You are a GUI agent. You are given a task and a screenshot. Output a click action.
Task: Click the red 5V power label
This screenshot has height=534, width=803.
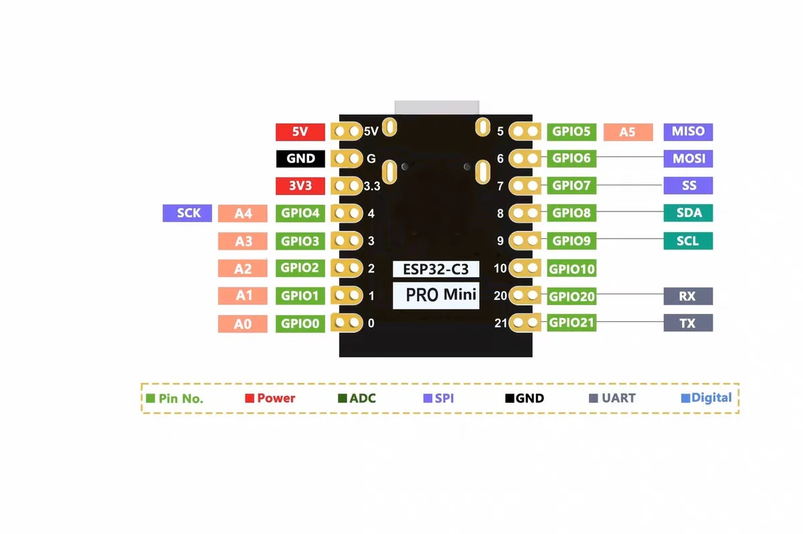point(300,132)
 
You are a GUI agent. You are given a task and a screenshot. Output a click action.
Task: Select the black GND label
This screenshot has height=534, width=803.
point(300,159)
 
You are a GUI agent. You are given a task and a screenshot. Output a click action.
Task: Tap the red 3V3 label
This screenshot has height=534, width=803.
point(300,186)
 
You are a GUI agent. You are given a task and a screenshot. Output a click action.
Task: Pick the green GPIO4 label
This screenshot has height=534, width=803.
point(300,213)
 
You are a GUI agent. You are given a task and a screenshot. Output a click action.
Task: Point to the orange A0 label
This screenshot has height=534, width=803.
point(242,324)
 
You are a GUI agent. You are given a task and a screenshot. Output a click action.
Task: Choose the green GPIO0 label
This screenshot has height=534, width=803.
point(300,324)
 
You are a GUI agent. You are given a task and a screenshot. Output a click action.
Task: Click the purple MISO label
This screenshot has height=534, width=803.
point(688,131)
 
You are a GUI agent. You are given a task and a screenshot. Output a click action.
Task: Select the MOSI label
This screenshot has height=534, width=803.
point(688,159)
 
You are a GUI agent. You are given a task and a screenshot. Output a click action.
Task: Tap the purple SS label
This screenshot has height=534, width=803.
point(688,186)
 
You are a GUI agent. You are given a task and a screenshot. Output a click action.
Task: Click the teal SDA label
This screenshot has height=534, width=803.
point(688,213)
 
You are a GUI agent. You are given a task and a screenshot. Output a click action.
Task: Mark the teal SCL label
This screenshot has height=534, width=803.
point(688,241)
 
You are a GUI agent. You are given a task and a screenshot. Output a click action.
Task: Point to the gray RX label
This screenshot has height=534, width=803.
point(688,296)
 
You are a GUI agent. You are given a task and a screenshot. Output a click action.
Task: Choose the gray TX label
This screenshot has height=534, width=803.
point(688,323)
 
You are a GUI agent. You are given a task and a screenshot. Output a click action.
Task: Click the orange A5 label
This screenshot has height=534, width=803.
point(627,132)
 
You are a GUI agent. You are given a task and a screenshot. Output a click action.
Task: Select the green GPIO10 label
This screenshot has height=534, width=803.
point(571,269)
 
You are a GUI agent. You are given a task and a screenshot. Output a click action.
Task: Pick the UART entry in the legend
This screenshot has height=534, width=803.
point(613,398)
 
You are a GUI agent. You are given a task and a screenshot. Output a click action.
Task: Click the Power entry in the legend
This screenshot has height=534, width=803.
point(270,398)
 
